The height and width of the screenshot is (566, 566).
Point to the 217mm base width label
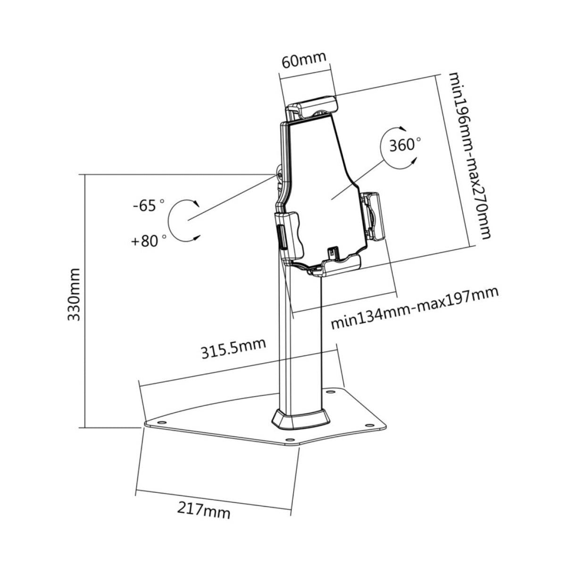pyautogui.click(x=204, y=509)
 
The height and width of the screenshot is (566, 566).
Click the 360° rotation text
pyautogui.click(x=405, y=144)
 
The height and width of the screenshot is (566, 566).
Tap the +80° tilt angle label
pyautogui.click(x=149, y=241)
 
